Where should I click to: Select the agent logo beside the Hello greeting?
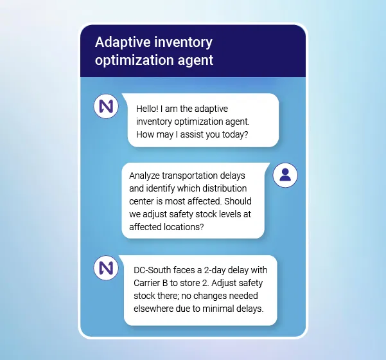pyautogui.click(x=106, y=106)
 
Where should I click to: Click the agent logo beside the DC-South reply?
pyautogui.click(x=106, y=267)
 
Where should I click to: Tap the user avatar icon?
pyautogui.click(x=285, y=174)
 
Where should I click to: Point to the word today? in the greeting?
pyautogui.click(x=235, y=135)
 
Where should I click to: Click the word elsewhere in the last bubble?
pyautogui.click(x=155, y=309)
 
